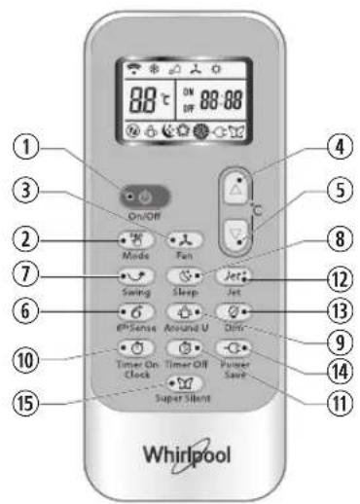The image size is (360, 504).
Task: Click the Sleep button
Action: pos(185,275)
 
